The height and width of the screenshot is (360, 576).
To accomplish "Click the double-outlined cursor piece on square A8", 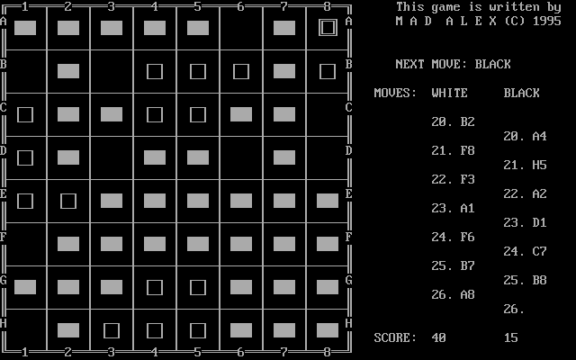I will [x=328, y=28].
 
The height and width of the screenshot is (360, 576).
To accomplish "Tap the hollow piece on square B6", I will [x=241, y=71].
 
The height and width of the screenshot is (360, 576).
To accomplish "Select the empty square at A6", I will [x=241, y=28].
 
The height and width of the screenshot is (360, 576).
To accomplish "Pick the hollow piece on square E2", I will [x=68, y=201].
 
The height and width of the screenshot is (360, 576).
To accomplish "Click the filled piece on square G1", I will [x=25, y=287].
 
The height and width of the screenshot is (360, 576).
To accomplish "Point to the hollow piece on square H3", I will [x=112, y=330].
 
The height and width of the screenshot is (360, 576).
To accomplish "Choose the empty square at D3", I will [x=112, y=157].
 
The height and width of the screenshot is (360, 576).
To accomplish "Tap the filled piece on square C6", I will [x=241, y=114].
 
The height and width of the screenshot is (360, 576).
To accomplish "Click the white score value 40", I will [x=439, y=337].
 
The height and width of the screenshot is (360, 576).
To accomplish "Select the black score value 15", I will [x=511, y=337].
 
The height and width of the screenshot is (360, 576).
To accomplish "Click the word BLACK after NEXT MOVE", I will [x=493, y=64].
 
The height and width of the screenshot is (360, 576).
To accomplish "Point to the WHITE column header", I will [x=450, y=93].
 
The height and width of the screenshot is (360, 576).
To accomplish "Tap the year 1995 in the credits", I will [x=547, y=21].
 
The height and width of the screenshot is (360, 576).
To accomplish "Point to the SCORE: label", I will [x=396, y=337].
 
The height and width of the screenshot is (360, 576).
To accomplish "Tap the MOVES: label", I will [x=396, y=93].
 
